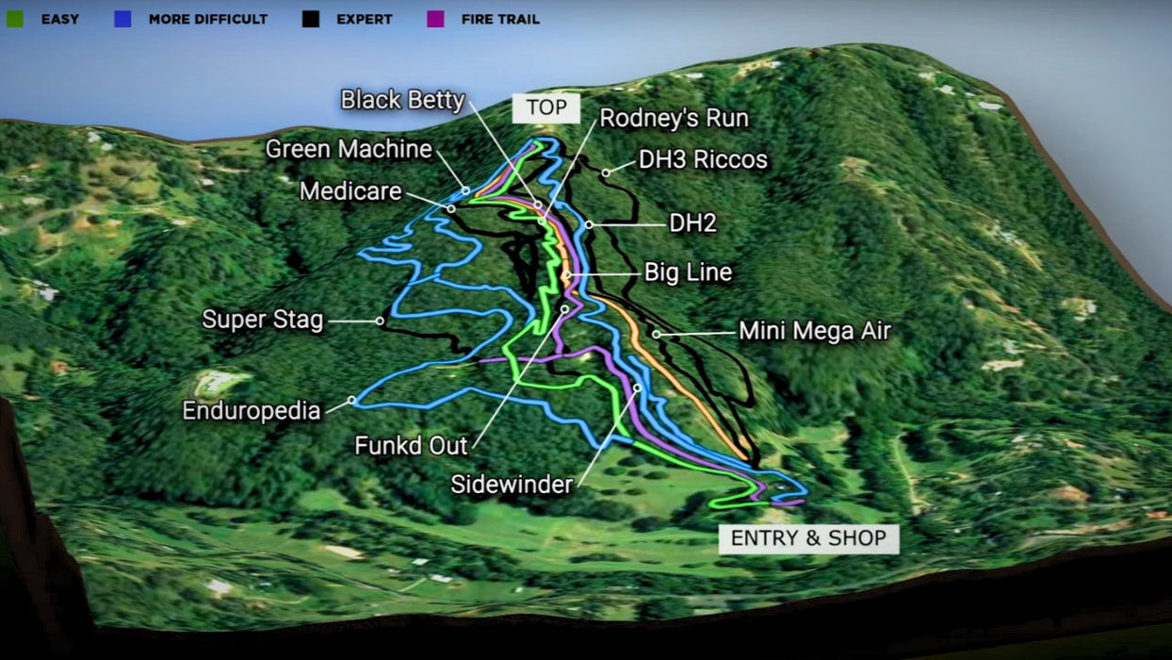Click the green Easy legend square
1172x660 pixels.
(15, 19)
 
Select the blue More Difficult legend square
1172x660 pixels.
(122, 19)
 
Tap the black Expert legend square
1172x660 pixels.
(311, 19)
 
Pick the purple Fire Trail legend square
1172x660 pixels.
(435, 19)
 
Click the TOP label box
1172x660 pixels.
(546, 107)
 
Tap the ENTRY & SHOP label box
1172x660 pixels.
(808, 538)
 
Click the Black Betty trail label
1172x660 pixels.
(402, 100)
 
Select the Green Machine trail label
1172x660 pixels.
(349, 149)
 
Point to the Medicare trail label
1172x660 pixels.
(350, 191)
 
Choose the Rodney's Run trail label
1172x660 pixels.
(674, 119)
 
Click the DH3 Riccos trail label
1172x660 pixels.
(703, 159)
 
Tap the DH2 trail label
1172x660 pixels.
(692, 223)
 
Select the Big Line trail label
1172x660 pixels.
(688, 273)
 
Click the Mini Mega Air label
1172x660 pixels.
(814, 331)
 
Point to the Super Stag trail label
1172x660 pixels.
(263, 320)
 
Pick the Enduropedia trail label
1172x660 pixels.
(252, 411)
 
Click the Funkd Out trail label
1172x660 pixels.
(411, 445)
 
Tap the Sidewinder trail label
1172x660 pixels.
(512, 485)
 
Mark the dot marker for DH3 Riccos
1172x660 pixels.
(607, 173)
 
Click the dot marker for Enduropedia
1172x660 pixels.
(352, 400)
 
